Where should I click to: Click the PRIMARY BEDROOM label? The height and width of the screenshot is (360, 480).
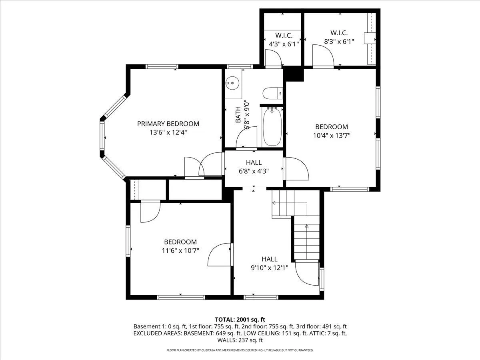tap(168, 124)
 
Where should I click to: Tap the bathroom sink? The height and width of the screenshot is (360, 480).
tap(232, 83)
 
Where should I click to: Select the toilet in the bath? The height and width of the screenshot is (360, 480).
tap(273, 93)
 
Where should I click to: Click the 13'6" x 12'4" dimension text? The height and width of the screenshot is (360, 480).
tap(168, 132)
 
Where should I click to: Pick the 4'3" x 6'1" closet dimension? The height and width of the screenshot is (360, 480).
tap(284, 44)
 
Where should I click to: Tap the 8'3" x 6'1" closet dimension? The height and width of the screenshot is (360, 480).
tap(339, 42)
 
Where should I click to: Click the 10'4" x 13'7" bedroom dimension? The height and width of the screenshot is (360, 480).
tap(332, 136)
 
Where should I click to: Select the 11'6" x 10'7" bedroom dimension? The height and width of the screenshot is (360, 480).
tap(180, 250)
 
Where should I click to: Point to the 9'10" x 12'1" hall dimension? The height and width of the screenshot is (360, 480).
tap(270, 268)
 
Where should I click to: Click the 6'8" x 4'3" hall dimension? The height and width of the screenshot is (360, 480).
tap(254, 171)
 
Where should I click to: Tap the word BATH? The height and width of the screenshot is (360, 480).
tap(238, 114)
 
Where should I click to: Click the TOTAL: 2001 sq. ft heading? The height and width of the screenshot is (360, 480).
tap(240, 320)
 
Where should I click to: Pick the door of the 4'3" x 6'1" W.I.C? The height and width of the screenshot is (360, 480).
tap(273, 58)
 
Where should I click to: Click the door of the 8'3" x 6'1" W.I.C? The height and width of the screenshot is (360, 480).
tap(323, 56)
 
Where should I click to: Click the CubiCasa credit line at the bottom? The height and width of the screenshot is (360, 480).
tap(240, 350)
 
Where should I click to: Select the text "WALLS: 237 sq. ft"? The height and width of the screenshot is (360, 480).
tap(240, 340)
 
